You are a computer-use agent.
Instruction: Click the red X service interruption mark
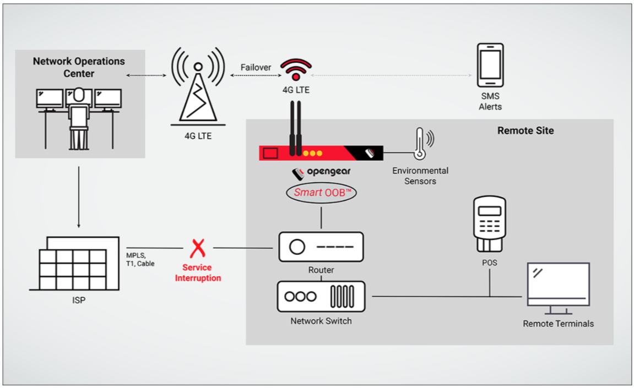pos(198,248)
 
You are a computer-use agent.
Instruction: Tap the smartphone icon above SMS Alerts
pos(490,65)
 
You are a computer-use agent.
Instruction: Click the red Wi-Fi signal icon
pos(296,69)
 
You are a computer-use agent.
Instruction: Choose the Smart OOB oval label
pos(321,193)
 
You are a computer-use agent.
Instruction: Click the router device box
pos(321,247)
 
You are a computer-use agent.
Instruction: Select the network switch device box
pos(321,297)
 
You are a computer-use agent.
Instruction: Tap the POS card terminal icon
pos(490,224)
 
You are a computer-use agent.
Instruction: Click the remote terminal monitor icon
pos(559,288)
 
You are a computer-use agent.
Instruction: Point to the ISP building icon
pos(74,264)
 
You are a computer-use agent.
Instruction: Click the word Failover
pos(256,67)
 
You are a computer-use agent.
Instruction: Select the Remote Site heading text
pos(525,130)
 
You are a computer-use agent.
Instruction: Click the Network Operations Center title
pos(79,67)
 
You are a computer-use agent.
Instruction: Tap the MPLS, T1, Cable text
pos(140,259)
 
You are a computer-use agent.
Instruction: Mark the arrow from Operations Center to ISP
pos(78,197)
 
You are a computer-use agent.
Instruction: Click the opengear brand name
pos(329,172)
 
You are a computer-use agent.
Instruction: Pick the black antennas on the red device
pos(296,128)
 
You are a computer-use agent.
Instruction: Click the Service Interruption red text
pos(198,273)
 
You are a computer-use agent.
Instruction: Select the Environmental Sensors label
pos(420,176)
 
